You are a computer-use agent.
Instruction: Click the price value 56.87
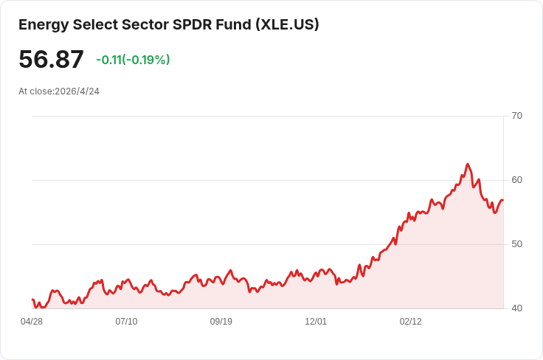(51, 60)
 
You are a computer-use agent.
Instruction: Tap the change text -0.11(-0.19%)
(133, 60)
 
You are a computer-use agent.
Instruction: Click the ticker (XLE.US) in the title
(287, 24)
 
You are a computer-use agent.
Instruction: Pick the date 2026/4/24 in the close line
(77, 91)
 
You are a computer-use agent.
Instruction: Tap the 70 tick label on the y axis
(516, 116)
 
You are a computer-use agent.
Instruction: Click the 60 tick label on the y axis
(516, 180)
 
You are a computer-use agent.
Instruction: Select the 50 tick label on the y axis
(516, 244)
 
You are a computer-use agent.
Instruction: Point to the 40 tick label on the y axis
(516, 308)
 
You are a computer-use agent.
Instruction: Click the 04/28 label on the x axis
(32, 322)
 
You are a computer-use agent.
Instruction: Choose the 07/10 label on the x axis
(126, 322)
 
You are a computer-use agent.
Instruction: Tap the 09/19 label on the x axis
(221, 322)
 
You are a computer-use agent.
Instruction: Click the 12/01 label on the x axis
(316, 322)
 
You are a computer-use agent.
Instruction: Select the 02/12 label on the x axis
(410, 322)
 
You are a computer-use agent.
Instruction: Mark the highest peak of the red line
(468, 165)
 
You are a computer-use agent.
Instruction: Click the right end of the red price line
(502, 201)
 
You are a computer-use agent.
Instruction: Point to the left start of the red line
(32, 300)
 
